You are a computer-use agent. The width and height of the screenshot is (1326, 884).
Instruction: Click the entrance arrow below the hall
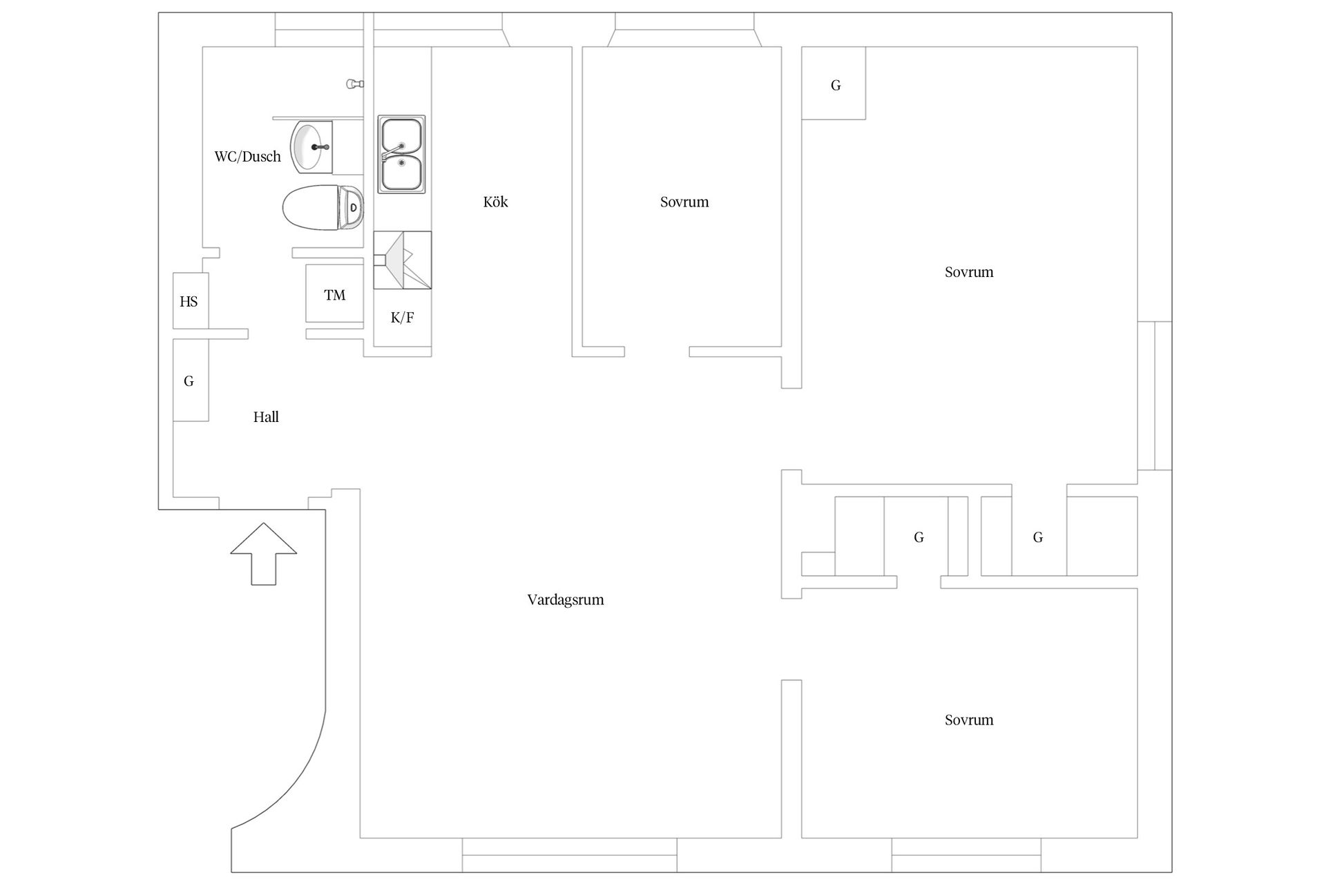pyautogui.click(x=263, y=554)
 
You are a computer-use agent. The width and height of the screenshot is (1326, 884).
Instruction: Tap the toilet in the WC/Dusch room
pyautogui.click(x=323, y=207)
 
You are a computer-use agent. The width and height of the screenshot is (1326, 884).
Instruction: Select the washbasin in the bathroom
pyautogui.click(x=312, y=146)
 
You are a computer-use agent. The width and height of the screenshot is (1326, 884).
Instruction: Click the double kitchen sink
pyautogui.click(x=401, y=154)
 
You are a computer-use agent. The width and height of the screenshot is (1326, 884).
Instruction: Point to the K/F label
pyautogui.click(x=402, y=318)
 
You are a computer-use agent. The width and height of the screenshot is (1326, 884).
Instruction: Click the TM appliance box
pyautogui.click(x=334, y=294)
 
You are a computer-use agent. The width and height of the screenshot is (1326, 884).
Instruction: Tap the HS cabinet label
pyautogui.click(x=189, y=301)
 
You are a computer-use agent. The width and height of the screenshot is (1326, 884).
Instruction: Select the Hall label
pyautogui.click(x=266, y=416)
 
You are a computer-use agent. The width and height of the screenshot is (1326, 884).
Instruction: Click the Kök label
pyautogui.click(x=495, y=202)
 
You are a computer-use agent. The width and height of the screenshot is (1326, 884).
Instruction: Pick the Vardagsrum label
pyautogui.click(x=566, y=599)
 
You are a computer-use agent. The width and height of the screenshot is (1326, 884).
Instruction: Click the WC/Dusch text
pyautogui.click(x=248, y=157)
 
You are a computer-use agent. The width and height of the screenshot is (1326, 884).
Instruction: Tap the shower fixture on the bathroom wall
pyautogui.click(x=354, y=84)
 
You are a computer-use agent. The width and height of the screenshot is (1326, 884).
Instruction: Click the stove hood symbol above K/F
pyautogui.click(x=403, y=260)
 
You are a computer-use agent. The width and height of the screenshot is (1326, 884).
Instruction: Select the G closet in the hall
pyautogui.click(x=190, y=381)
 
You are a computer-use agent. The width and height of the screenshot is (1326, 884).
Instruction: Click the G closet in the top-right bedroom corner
pyautogui.click(x=834, y=83)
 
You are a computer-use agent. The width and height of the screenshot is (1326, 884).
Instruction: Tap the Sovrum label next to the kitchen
pyautogui.click(x=684, y=202)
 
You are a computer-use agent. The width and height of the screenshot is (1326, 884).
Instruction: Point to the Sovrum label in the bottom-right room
pyautogui.click(x=969, y=720)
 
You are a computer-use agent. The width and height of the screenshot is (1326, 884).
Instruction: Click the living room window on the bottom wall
pyautogui.click(x=570, y=855)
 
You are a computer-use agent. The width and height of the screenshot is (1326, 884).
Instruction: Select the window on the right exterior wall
pyautogui.click(x=1155, y=396)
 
